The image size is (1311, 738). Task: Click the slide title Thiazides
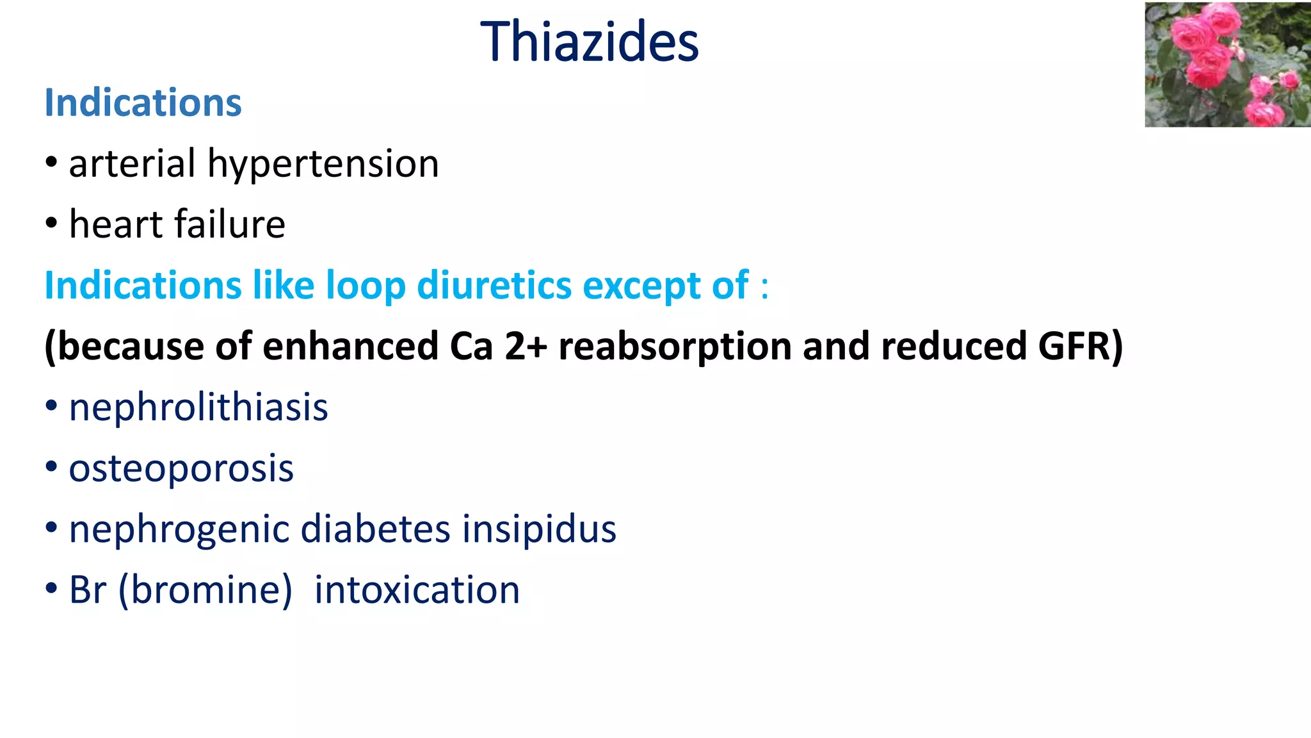[x=589, y=42]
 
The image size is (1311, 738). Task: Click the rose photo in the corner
[x=1227, y=65]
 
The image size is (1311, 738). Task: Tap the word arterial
[x=132, y=163]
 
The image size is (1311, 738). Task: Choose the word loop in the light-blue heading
[x=366, y=285]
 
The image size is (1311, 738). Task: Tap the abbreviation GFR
[x=1081, y=346]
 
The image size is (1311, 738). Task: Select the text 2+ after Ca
[x=526, y=346]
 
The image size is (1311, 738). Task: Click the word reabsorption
[x=675, y=346]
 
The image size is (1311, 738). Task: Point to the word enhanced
[x=351, y=346]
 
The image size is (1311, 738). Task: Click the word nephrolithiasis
[x=198, y=407]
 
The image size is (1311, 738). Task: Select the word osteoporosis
[x=181, y=468]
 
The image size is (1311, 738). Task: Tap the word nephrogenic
[x=179, y=529]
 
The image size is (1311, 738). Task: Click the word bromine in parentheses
[x=205, y=589]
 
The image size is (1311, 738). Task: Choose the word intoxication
[x=417, y=589]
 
